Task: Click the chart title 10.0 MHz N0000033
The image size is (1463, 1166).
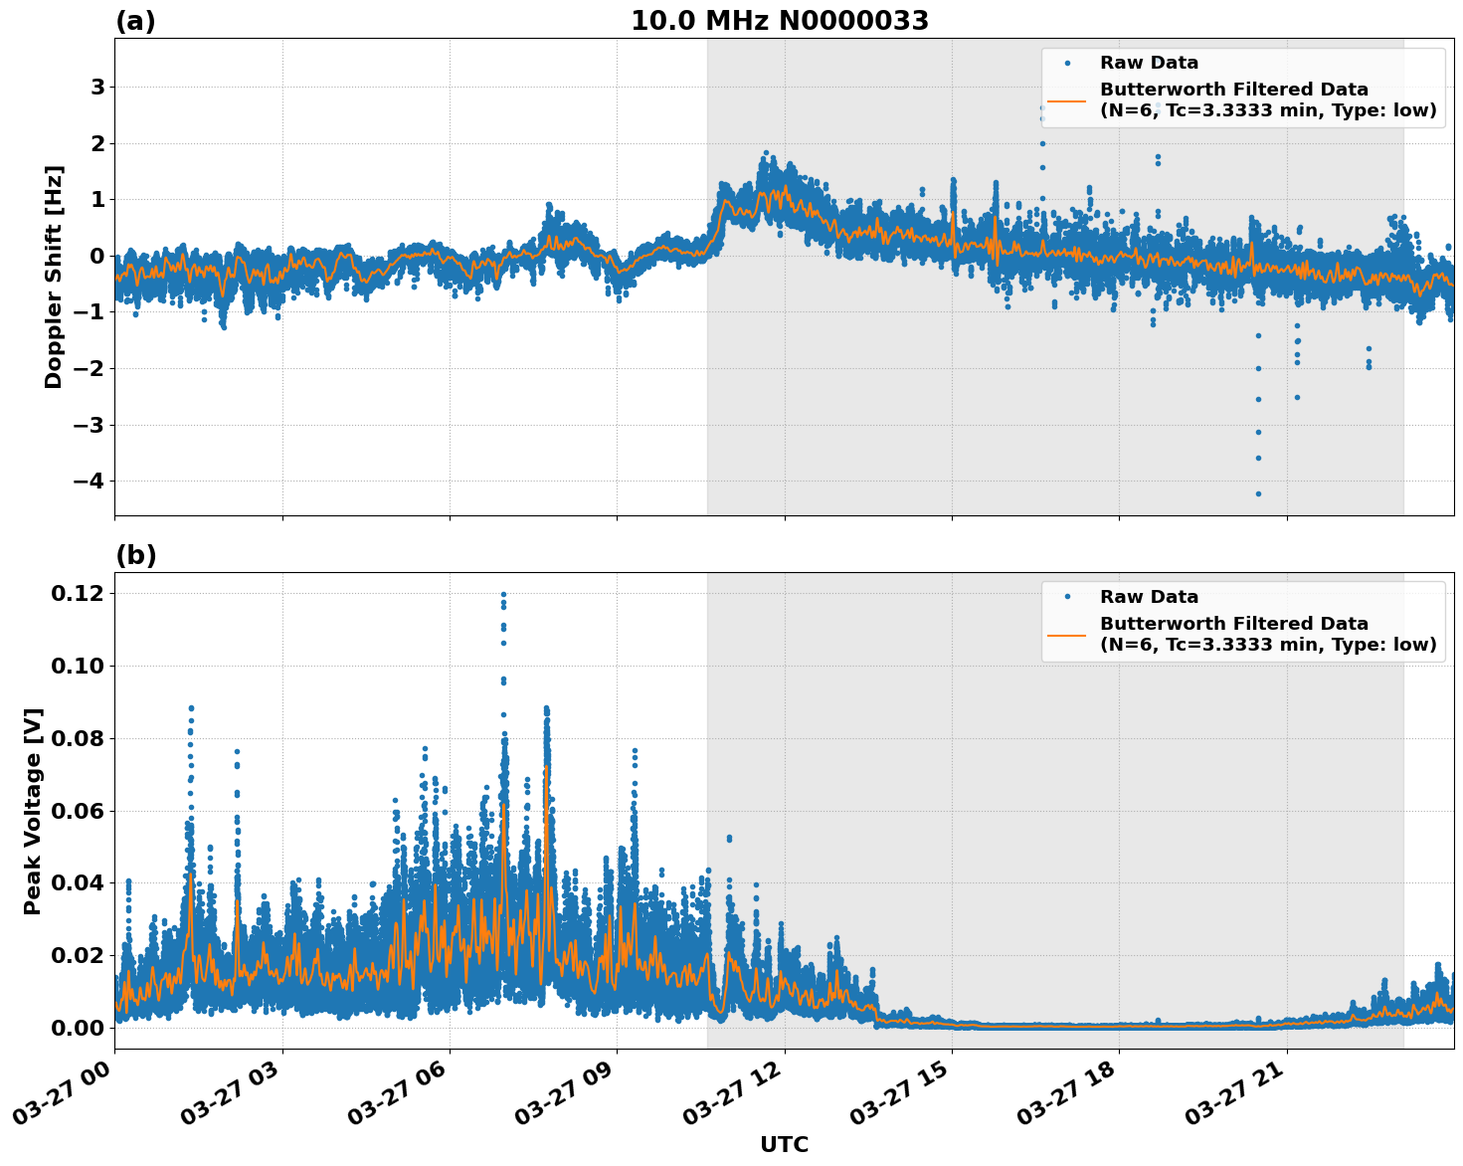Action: click(x=780, y=21)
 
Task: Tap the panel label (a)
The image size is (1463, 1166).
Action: click(x=135, y=21)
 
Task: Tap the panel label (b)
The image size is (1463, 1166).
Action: click(x=135, y=555)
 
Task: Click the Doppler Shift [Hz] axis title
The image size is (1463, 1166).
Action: click(x=54, y=277)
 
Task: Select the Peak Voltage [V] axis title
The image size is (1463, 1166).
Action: click(x=33, y=811)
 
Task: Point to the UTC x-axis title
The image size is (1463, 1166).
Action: click(x=784, y=1144)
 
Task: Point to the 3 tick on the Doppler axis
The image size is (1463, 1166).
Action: click(x=97, y=88)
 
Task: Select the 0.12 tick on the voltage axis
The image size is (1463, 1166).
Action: click(x=78, y=594)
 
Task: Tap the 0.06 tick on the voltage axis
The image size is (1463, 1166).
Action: click(x=78, y=811)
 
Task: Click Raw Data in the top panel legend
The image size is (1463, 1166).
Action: click(x=1149, y=63)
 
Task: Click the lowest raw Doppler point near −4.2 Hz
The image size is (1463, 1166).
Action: click(x=1258, y=493)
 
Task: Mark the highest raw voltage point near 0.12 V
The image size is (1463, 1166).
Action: click(x=503, y=595)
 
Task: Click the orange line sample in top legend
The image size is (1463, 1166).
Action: click(x=1066, y=99)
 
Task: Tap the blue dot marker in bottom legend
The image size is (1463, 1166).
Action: click(x=1066, y=597)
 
